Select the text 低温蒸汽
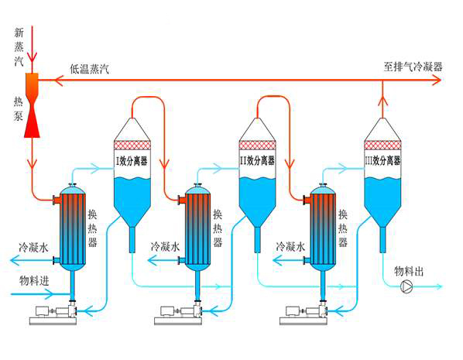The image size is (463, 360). tap(89, 69)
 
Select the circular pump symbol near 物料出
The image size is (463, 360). tap(406, 287)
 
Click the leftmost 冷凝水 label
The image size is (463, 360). tap(34, 248)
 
